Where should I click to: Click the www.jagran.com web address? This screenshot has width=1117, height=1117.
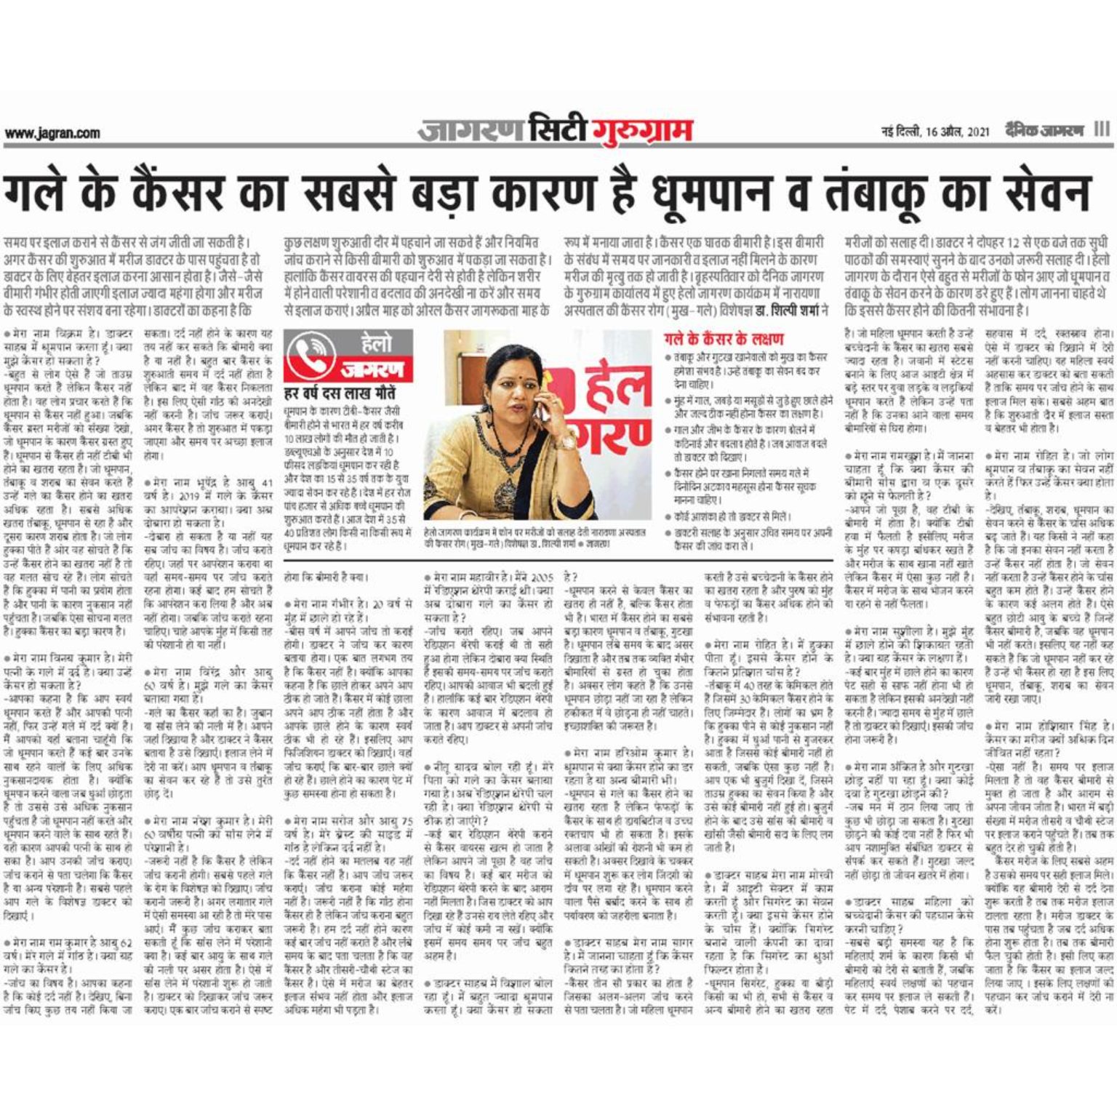(52, 133)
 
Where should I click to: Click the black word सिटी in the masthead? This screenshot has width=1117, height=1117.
(556, 129)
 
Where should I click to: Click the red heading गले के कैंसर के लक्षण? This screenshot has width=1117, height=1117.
(724, 339)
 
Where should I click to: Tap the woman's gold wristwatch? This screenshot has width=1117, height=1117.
(564, 441)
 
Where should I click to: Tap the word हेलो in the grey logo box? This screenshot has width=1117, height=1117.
(376, 343)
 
